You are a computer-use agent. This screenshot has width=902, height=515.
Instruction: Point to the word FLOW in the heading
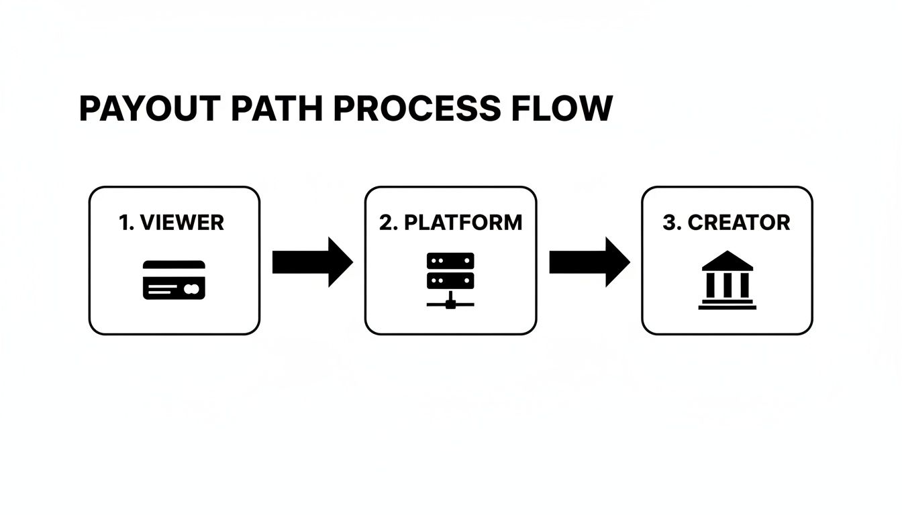pos(562,109)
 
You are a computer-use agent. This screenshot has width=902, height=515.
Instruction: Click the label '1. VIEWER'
pos(171,223)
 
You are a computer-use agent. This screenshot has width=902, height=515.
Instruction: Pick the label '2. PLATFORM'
pos(450,223)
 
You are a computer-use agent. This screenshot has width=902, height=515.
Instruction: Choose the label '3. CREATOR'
pos(726,223)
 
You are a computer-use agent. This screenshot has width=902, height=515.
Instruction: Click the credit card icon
pos(174,280)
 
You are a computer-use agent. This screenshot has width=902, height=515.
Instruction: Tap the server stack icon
pos(450,270)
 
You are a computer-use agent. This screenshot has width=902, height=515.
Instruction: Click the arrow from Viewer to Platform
pos(312,262)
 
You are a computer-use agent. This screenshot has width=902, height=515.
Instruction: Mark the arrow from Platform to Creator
pos(589,262)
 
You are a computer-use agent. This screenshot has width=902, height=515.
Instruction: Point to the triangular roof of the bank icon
pos(728,261)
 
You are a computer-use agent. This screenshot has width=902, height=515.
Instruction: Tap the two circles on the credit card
pos(191,289)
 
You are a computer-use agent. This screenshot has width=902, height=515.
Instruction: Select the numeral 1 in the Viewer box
pos(123,223)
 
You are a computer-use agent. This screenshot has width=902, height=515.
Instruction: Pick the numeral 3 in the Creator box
pos(668,223)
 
